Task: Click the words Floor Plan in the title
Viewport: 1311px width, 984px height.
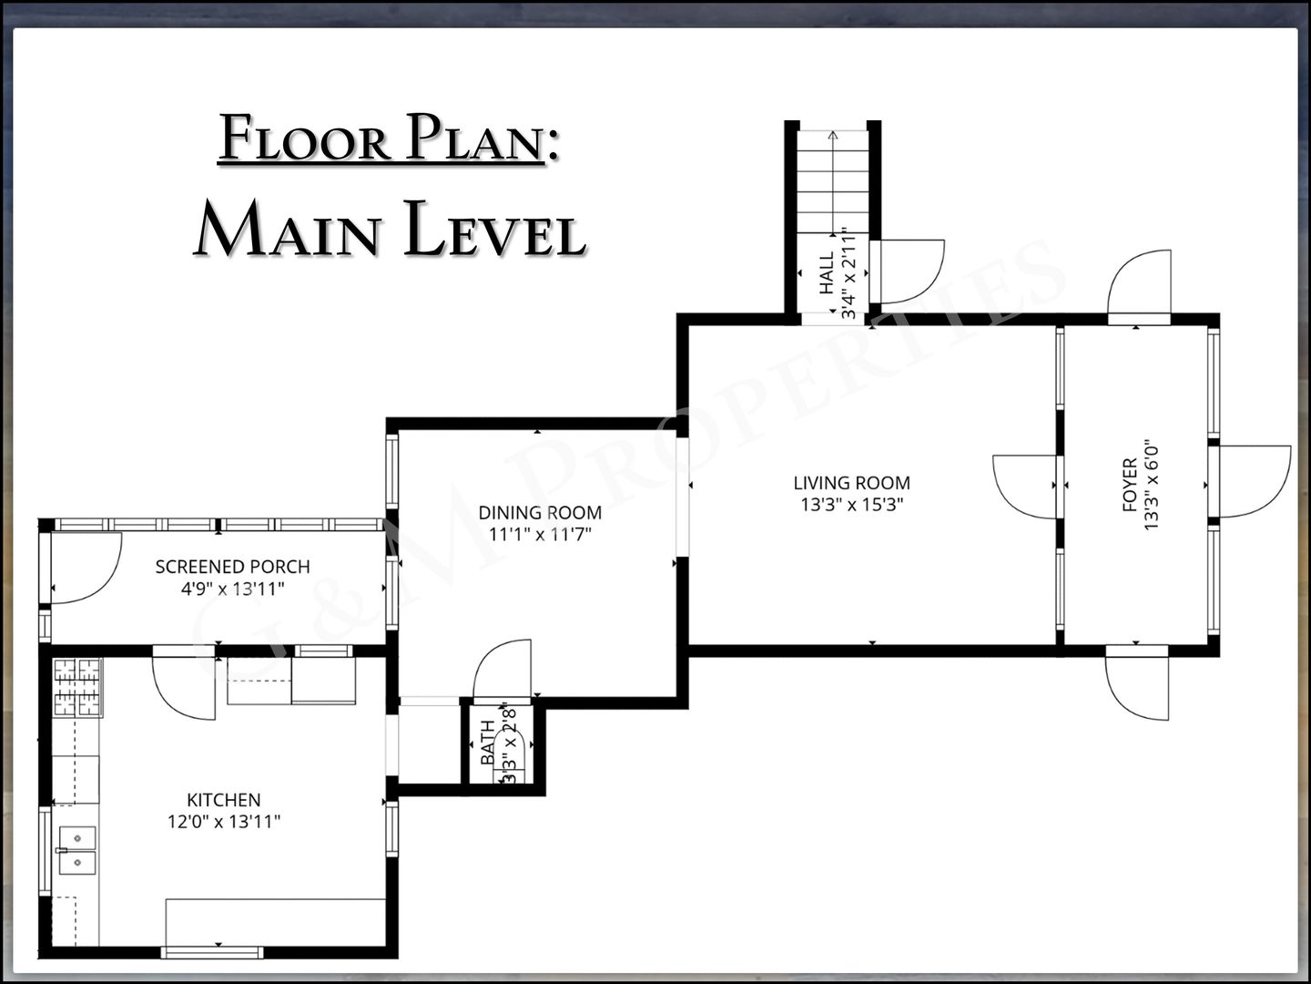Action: pyautogui.click(x=381, y=138)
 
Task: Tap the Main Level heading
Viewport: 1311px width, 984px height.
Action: pyautogui.click(x=391, y=229)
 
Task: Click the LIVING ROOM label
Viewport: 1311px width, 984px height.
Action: pyautogui.click(x=852, y=483)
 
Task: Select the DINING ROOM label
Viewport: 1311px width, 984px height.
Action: pyautogui.click(x=540, y=512)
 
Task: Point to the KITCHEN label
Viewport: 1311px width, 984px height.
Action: pyautogui.click(x=223, y=799)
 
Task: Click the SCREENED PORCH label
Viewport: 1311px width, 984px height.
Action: pyautogui.click(x=232, y=567)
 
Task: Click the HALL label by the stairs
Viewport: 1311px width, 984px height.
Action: pyautogui.click(x=827, y=272)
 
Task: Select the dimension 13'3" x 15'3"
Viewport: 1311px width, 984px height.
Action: pyautogui.click(x=852, y=505)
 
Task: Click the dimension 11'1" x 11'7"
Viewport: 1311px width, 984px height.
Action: pyautogui.click(x=540, y=534)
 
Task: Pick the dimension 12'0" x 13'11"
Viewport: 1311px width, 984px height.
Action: pyautogui.click(x=223, y=822)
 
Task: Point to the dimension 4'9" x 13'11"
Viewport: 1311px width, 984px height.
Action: pyautogui.click(x=232, y=589)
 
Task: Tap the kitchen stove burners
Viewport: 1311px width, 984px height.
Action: pyautogui.click(x=77, y=687)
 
